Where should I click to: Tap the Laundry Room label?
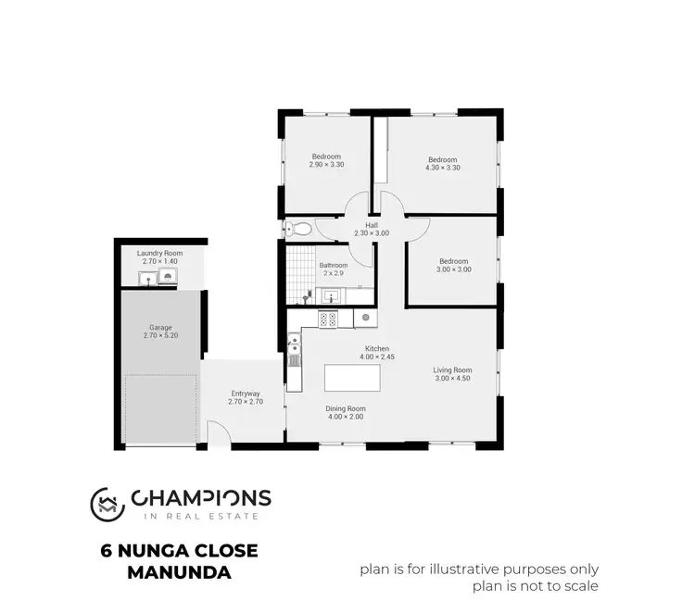[x=159, y=253]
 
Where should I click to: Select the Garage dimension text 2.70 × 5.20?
[x=159, y=334]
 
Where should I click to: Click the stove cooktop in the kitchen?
[x=328, y=319]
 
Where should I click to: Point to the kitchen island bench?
[x=352, y=378]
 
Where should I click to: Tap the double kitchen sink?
[x=295, y=350]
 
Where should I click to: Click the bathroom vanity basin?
[x=330, y=296]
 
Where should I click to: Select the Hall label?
[x=371, y=225]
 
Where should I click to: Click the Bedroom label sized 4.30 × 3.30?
[x=442, y=159]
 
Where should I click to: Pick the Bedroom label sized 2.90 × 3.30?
[x=326, y=156]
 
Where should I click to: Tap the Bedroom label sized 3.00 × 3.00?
[x=454, y=261]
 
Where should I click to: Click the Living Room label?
[x=452, y=370]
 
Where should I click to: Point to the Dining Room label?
[x=345, y=408]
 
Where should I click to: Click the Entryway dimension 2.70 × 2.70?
[x=246, y=403]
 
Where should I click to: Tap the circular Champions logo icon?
[x=107, y=503]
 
